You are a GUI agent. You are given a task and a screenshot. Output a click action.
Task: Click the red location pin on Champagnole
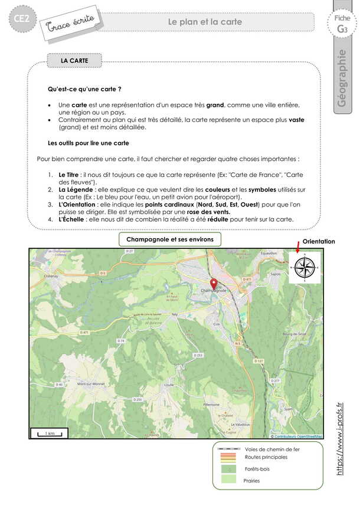pyautogui.click(x=214, y=283)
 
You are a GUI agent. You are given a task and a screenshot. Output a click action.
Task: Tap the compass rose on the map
pyautogui.click(x=305, y=268)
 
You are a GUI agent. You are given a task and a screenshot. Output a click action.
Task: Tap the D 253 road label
pyautogui.click(x=199, y=355)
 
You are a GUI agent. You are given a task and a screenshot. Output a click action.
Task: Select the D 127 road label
pyautogui.click(x=258, y=360)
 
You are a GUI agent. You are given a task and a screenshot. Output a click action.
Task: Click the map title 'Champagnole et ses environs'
pyautogui.click(x=170, y=239)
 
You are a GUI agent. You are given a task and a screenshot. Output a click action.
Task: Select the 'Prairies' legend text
pyautogui.click(x=251, y=481)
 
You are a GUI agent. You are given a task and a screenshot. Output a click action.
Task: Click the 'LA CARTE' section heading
pyautogui.click(x=74, y=60)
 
